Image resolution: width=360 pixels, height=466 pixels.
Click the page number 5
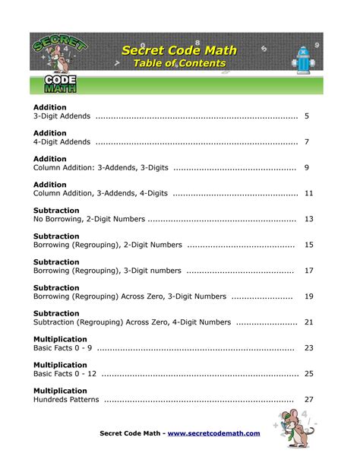tap(306, 116)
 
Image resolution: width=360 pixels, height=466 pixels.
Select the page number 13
tap(308, 219)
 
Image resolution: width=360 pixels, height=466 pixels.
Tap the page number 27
tap(308, 399)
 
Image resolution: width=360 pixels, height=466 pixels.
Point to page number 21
tap(308, 322)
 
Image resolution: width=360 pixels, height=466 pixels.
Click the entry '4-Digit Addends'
tap(63, 142)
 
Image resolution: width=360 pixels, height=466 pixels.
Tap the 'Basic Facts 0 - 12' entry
tap(65, 373)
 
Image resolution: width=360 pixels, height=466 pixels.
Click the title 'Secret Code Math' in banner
tap(179, 50)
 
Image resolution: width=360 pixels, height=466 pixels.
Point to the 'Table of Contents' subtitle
tap(179, 64)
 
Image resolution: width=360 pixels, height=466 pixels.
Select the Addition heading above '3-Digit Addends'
tap(50, 107)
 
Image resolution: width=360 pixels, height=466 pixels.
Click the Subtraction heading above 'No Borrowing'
tap(56, 210)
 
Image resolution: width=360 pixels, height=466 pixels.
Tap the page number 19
tap(308, 296)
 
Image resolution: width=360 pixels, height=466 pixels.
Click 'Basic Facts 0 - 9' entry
tap(63, 347)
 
